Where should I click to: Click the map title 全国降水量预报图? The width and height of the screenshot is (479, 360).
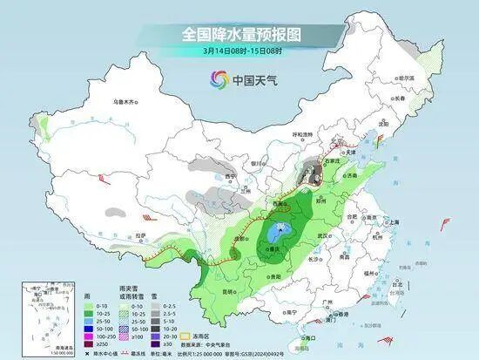[240, 34]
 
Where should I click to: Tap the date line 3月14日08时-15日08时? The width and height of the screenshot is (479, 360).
[240, 51]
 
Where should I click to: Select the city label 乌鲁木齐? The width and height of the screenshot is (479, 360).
[125, 102]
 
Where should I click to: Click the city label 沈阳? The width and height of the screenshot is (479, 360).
[407, 124]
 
